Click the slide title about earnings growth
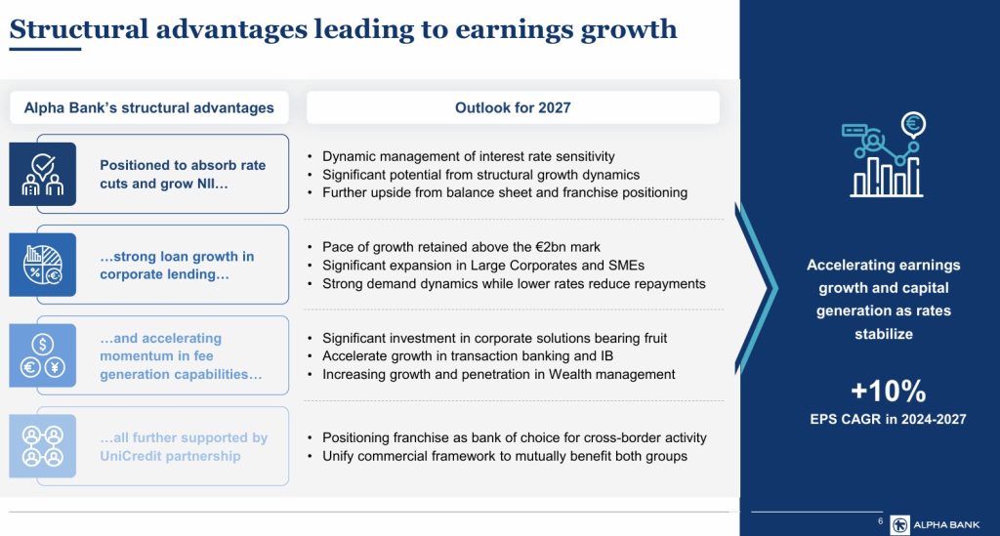tap(343, 29)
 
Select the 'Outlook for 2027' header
tap(513, 107)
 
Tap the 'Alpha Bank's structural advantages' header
tap(148, 107)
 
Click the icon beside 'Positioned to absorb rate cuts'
tap(43, 174)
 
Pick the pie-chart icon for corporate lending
tap(43, 265)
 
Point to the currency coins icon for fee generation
tap(43, 355)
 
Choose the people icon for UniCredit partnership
tap(43, 446)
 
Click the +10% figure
tap(888, 391)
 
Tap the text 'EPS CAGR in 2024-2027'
tap(888, 420)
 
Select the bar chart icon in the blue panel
tap(884, 155)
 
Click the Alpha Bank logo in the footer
tap(935, 524)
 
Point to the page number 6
tap(880, 521)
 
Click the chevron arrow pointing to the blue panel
tap(756, 288)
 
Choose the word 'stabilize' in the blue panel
tap(883, 334)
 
